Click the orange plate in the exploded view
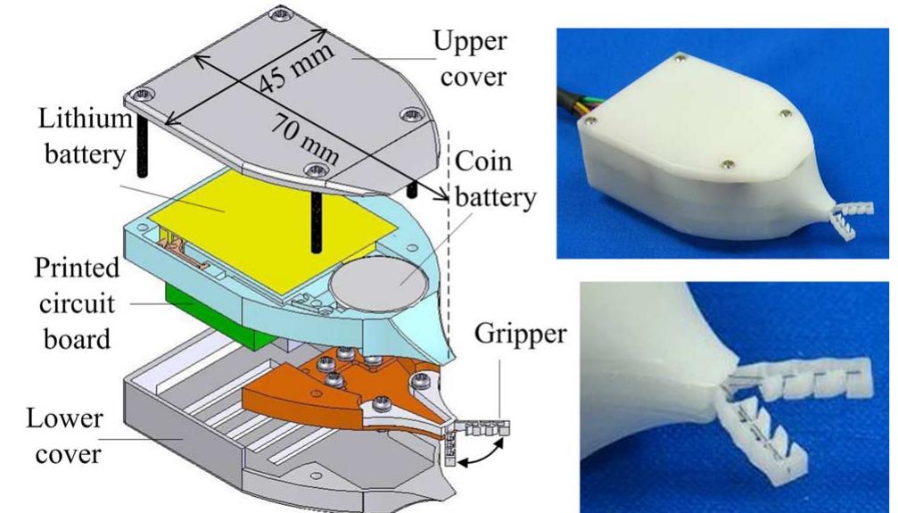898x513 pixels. point(294,393)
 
